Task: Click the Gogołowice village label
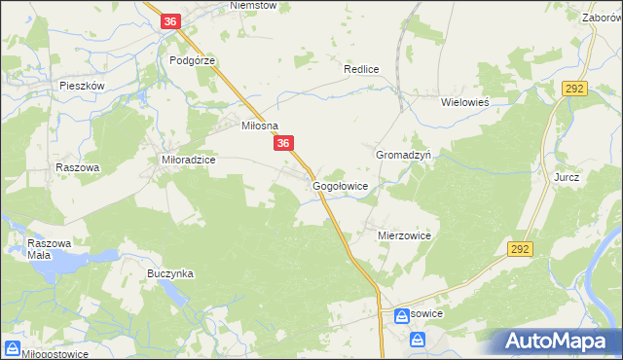(x=340, y=185)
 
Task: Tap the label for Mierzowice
(x=404, y=235)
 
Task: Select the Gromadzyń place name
(x=410, y=155)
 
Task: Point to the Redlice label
(x=360, y=70)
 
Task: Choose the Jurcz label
(x=567, y=178)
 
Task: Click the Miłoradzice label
(x=188, y=159)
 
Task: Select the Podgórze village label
(x=192, y=59)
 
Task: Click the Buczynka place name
(x=170, y=274)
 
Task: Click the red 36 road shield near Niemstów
(x=171, y=21)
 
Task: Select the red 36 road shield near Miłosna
(x=283, y=144)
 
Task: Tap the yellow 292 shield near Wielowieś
(x=573, y=89)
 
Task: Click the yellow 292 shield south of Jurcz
(x=520, y=250)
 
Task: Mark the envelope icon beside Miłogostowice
(x=13, y=347)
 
